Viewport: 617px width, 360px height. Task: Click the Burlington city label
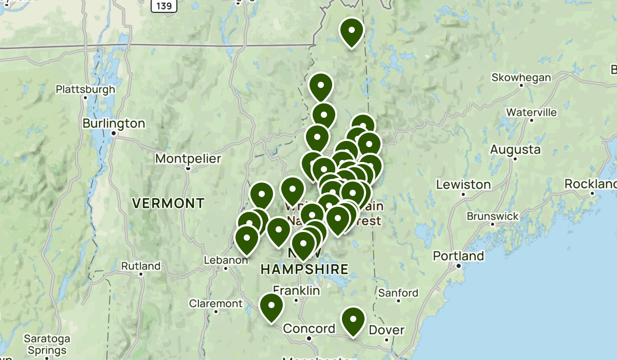[x=114, y=123]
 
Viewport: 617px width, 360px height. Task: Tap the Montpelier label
[x=188, y=158]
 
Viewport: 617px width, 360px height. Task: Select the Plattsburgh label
[x=85, y=89]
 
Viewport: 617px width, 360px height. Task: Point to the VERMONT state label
[x=168, y=203]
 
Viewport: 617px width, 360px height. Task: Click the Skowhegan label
[x=521, y=78]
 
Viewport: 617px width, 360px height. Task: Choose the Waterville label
[x=531, y=112]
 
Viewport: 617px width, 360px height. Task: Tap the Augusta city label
[x=515, y=150]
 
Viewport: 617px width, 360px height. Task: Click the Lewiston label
[x=463, y=184]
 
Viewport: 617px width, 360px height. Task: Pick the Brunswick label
[x=493, y=216]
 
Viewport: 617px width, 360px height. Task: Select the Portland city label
[x=458, y=256]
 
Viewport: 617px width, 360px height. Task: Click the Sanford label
[x=398, y=293]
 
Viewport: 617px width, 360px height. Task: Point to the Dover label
[x=387, y=330]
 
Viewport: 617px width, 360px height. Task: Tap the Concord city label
[x=309, y=329]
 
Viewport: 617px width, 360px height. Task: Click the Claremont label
[x=215, y=303]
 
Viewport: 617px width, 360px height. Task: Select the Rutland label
[x=140, y=266]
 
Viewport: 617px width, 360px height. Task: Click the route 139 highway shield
[x=164, y=6]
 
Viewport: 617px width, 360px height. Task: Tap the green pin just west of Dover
[x=353, y=320]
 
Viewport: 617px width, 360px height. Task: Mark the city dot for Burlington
[x=114, y=133]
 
